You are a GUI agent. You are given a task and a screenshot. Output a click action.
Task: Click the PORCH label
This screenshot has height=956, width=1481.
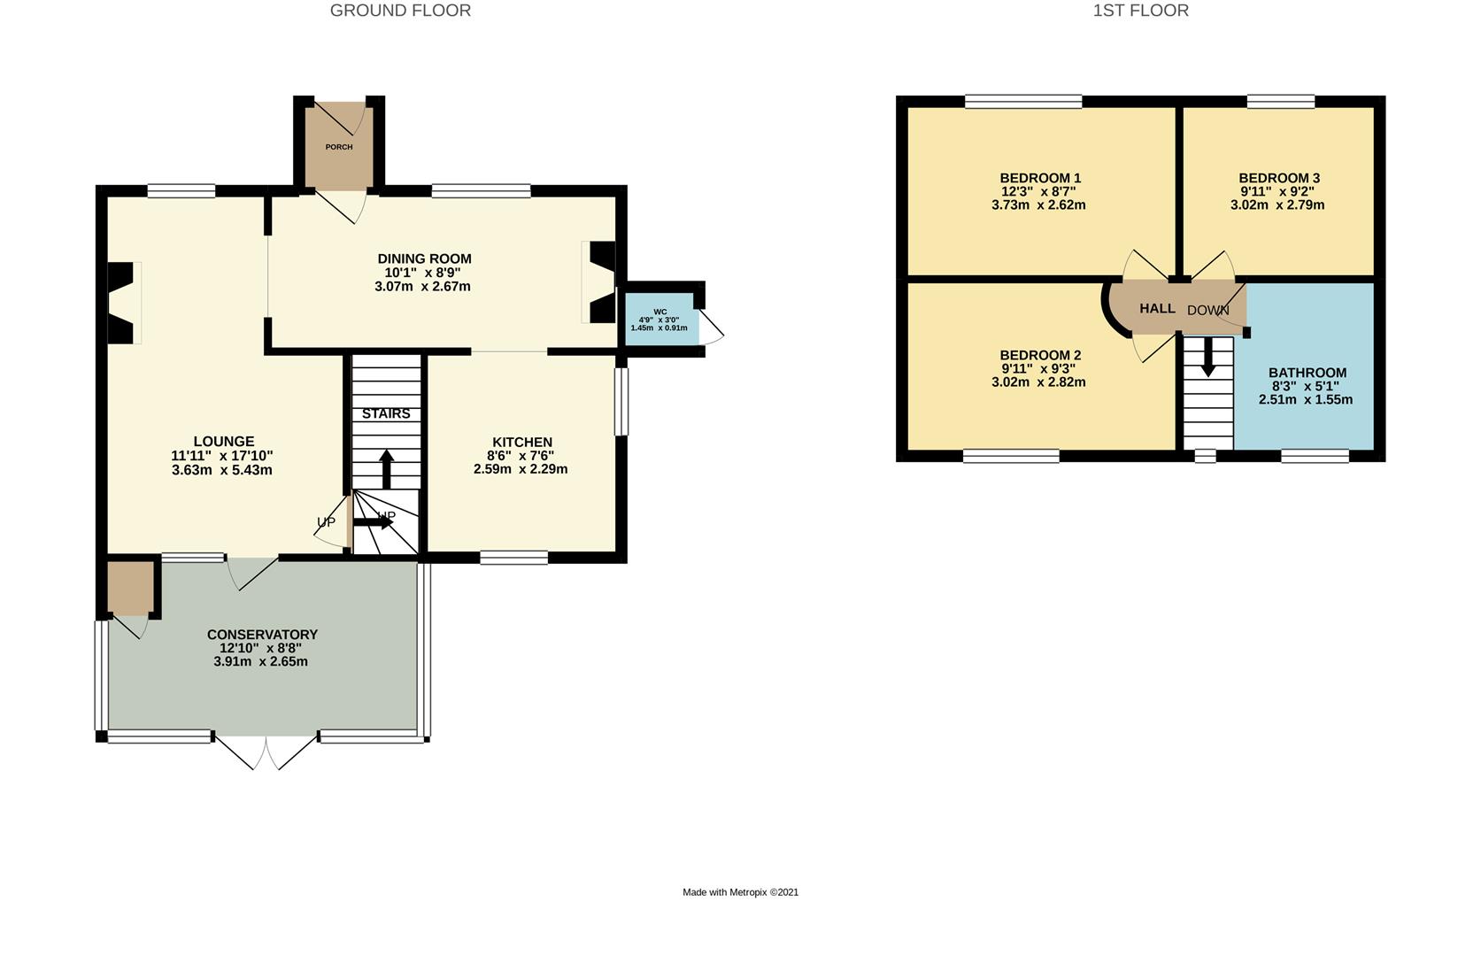[338, 147]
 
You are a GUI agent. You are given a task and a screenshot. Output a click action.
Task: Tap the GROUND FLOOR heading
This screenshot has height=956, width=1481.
[400, 11]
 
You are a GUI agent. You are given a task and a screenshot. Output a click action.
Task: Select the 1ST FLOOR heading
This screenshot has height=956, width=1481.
[1140, 11]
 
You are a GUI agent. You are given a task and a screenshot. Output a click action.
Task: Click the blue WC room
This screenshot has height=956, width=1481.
[660, 320]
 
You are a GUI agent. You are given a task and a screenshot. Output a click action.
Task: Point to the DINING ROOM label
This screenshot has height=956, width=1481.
[424, 259]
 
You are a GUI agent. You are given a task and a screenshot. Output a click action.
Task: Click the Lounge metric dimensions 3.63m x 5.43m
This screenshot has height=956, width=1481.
[221, 470]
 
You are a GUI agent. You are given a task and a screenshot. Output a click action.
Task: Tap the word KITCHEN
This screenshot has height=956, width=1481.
[521, 443]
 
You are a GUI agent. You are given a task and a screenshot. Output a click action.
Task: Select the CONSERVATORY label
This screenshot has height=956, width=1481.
[262, 635]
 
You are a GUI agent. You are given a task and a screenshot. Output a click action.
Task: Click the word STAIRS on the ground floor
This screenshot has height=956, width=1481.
[386, 414]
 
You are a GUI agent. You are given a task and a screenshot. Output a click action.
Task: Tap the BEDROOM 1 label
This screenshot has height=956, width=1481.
[1040, 178]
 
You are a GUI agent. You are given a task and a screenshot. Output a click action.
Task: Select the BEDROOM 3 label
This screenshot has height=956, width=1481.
[1278, 178]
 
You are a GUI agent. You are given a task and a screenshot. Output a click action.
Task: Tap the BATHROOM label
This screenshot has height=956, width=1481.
[1307, 373]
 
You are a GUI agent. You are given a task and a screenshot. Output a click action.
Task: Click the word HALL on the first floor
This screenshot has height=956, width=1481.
[1157, 309]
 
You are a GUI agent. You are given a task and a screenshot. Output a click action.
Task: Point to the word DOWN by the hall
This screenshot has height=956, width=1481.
[1207, 311]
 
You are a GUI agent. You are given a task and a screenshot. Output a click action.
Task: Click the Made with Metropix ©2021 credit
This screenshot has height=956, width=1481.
[740, 892]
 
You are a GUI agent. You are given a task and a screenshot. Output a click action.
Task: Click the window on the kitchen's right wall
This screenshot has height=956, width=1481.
[621, 402]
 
